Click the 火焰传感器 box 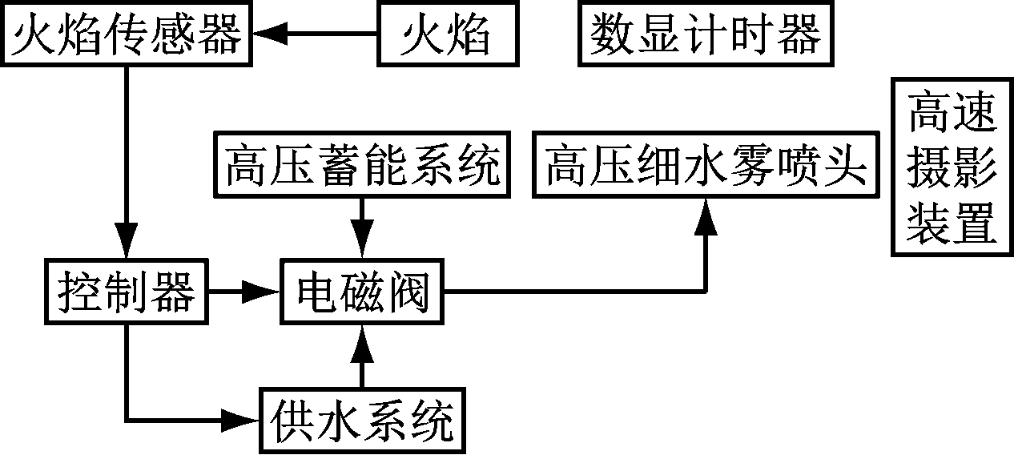tap(127, 35)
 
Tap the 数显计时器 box tap(706, 35)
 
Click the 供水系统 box tap(363, 420)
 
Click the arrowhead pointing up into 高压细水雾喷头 tap(706, 215)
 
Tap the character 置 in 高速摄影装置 tap(974, 225)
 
